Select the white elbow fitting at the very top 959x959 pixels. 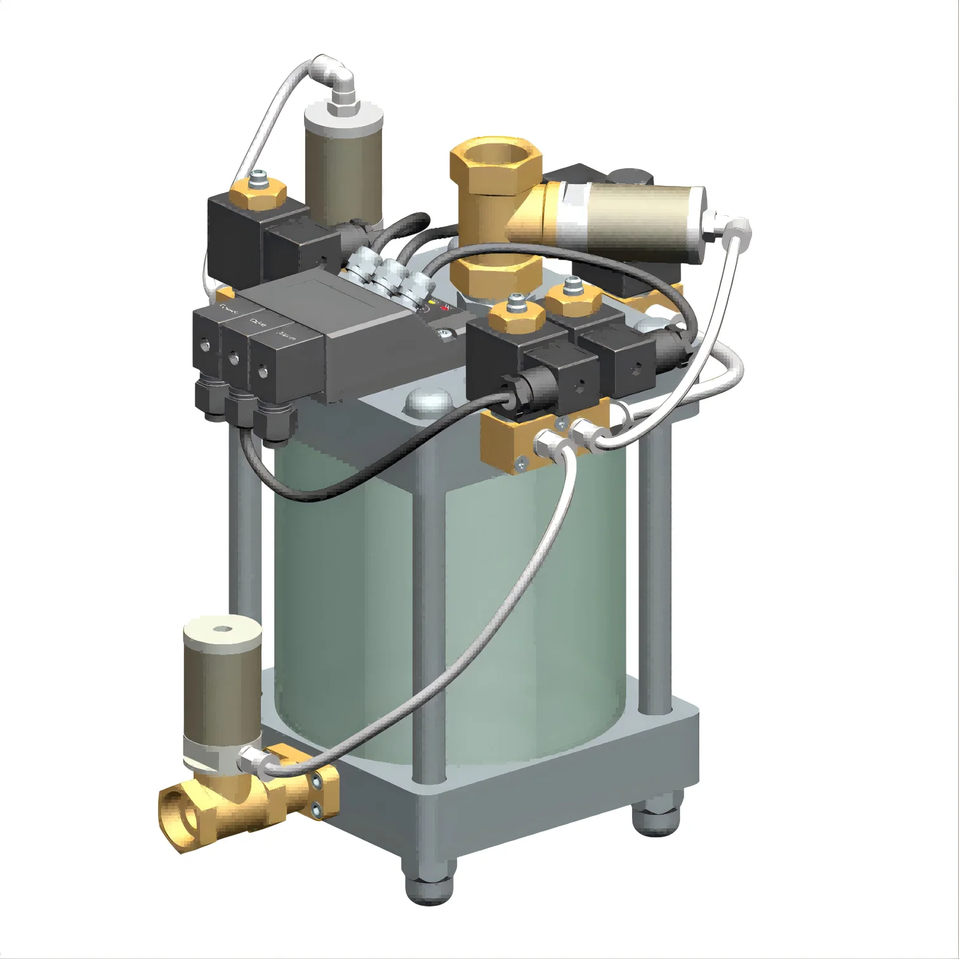pyautogui.click(x=334, y=75)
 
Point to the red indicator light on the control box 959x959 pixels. pyautogui.click(x=444, y=309)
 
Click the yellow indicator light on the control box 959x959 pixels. pyautogui.click(x=432, y=302)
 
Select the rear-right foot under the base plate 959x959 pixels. pyautogui.click(x=657, y=819)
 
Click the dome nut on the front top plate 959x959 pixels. pyautogui.click(x=428, y=401)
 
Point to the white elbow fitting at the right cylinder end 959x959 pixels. pyautogui.click(x=736, y=227)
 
